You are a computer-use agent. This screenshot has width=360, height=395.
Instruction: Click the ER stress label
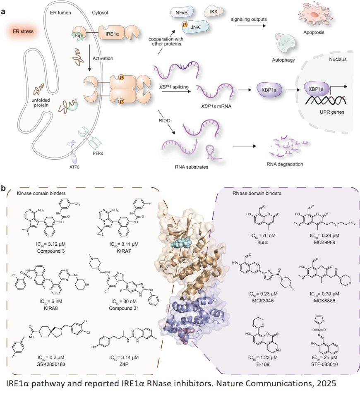22,31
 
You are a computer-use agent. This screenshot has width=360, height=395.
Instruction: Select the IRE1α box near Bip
110,30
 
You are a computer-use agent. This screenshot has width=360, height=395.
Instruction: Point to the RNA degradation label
286,164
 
